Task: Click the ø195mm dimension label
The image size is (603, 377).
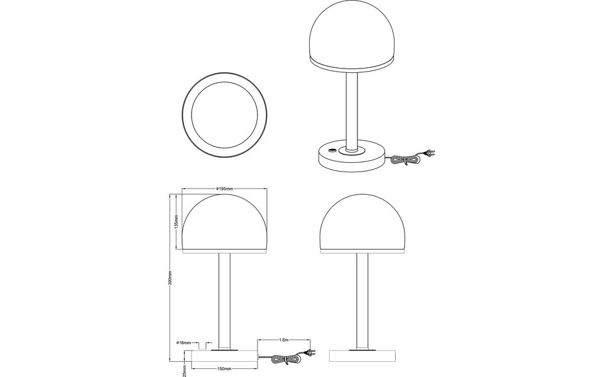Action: tap(224, 188)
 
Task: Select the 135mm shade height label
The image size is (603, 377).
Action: tap(177, 222)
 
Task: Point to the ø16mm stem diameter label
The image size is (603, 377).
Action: tap(183, 342)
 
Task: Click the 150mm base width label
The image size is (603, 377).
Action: tap(224, 368)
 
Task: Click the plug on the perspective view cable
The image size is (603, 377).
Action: tap(430, 151)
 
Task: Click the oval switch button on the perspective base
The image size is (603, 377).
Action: tap(331, 151)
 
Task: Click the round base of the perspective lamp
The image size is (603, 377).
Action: tap(350, 160)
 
